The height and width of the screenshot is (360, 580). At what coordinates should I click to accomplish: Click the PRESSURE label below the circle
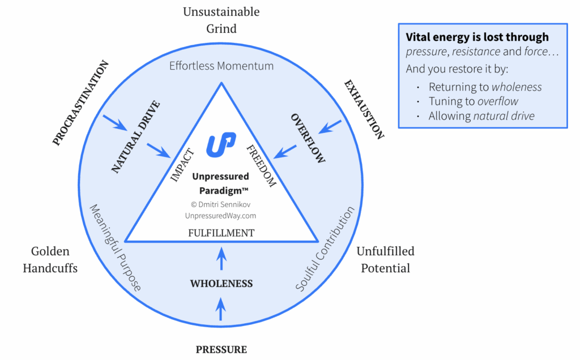[x=221, y=349]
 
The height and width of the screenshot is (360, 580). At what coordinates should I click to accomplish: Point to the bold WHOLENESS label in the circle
[x=221, y=284]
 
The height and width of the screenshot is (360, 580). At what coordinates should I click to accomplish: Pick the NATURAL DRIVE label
[x=135, y=136]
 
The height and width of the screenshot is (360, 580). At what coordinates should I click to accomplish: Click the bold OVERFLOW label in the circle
[x=308, y=138]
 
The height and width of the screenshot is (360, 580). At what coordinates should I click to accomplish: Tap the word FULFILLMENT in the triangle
[x=221, y=233]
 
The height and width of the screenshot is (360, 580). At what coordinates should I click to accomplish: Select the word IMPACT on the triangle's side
[x=182, y=165]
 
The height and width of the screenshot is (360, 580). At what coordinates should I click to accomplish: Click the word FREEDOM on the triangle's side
[x=261, y=165]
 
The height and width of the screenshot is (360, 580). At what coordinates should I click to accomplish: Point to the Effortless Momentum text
[x=221, y=66]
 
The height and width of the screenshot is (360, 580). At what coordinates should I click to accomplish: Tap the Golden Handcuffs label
[x=50, y=259]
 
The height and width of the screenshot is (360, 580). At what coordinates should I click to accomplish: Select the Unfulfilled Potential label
[x=385, y=259]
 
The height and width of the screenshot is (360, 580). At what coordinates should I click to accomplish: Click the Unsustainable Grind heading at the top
[x=221, y=20]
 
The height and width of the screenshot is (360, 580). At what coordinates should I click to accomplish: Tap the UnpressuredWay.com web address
[x=221, y=216]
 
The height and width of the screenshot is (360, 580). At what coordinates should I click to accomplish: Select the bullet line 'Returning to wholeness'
[x=485, y=87]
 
